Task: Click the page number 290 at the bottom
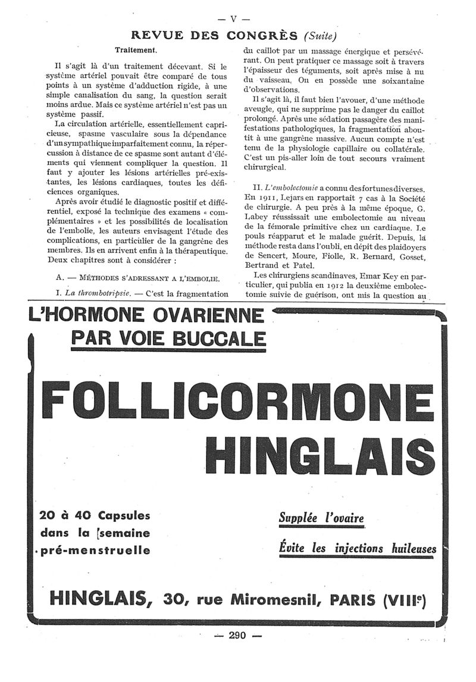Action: [x=236, y=635]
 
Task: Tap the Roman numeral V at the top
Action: [x=234, y=18]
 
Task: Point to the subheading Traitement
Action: [x=136, y=51]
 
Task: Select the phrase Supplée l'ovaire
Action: [x=321, y=518]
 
